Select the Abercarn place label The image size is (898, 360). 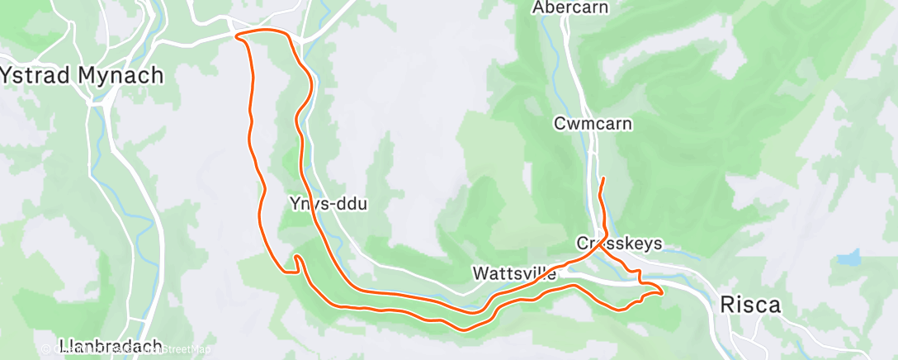tap(570, 7)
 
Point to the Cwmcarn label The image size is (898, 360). tap(593, 124)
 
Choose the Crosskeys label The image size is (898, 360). tap(619, 244)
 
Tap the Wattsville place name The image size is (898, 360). tap(514, 272)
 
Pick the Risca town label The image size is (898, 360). tap(750, 304)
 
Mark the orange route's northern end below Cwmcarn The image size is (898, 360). tap(603, 178)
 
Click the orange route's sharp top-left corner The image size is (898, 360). tap(238, 36)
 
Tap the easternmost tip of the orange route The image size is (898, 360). tap(662, 290)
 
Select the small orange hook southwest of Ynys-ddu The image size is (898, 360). tap(294, 263)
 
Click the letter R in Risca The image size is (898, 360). tap(727, 304)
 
